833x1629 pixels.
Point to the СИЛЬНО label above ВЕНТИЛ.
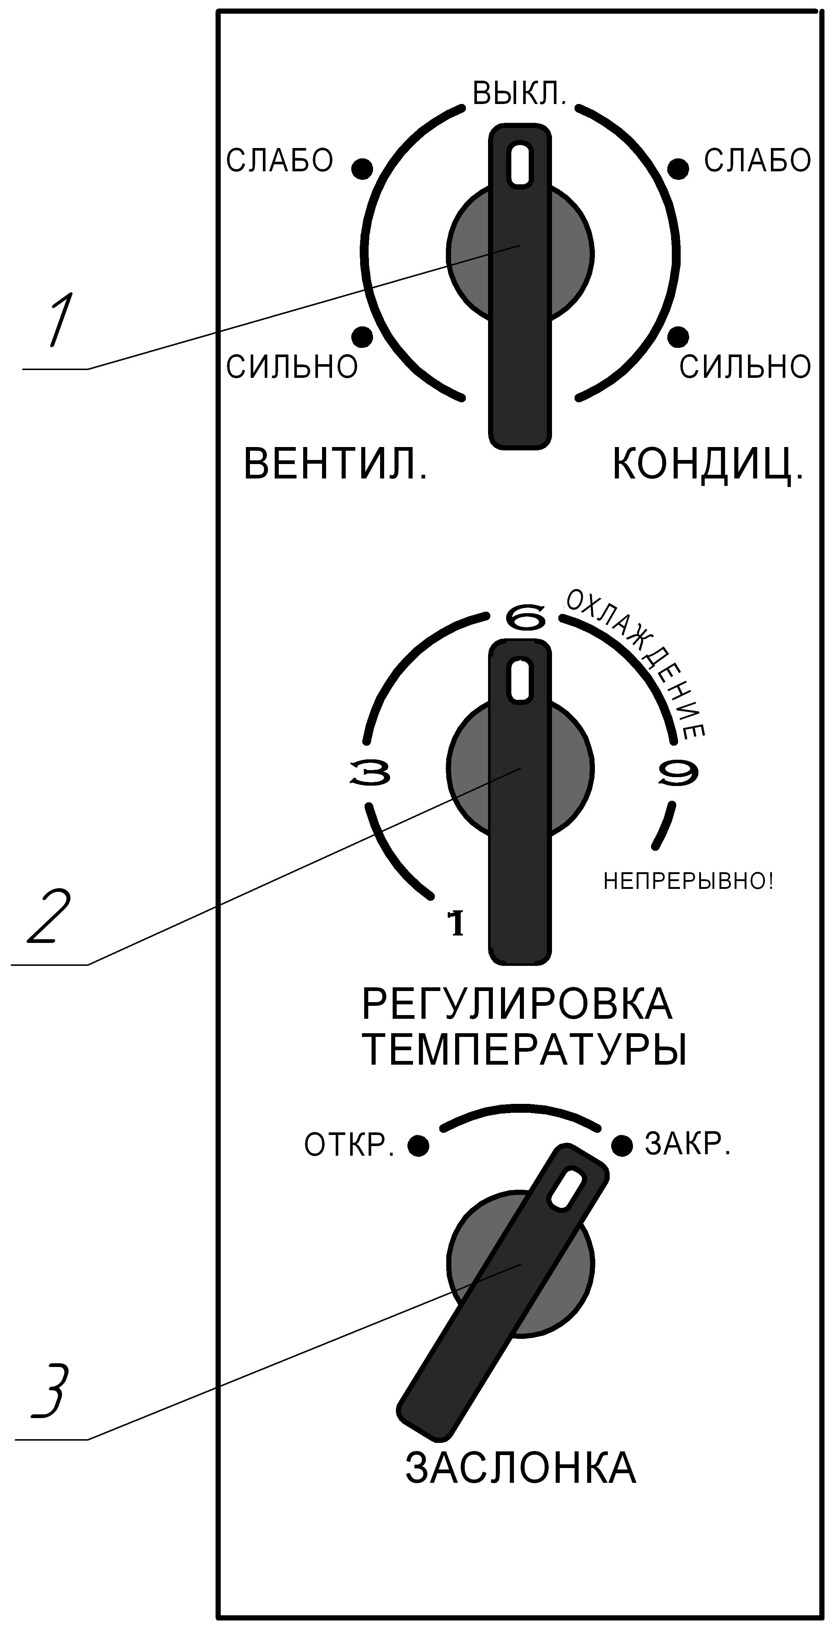[292, 367]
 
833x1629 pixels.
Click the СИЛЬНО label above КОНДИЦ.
[745, 367]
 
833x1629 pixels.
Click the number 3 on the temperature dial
[370, 773]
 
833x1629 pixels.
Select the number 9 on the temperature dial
[677, 773]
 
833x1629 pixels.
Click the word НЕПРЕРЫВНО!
[689, 881]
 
